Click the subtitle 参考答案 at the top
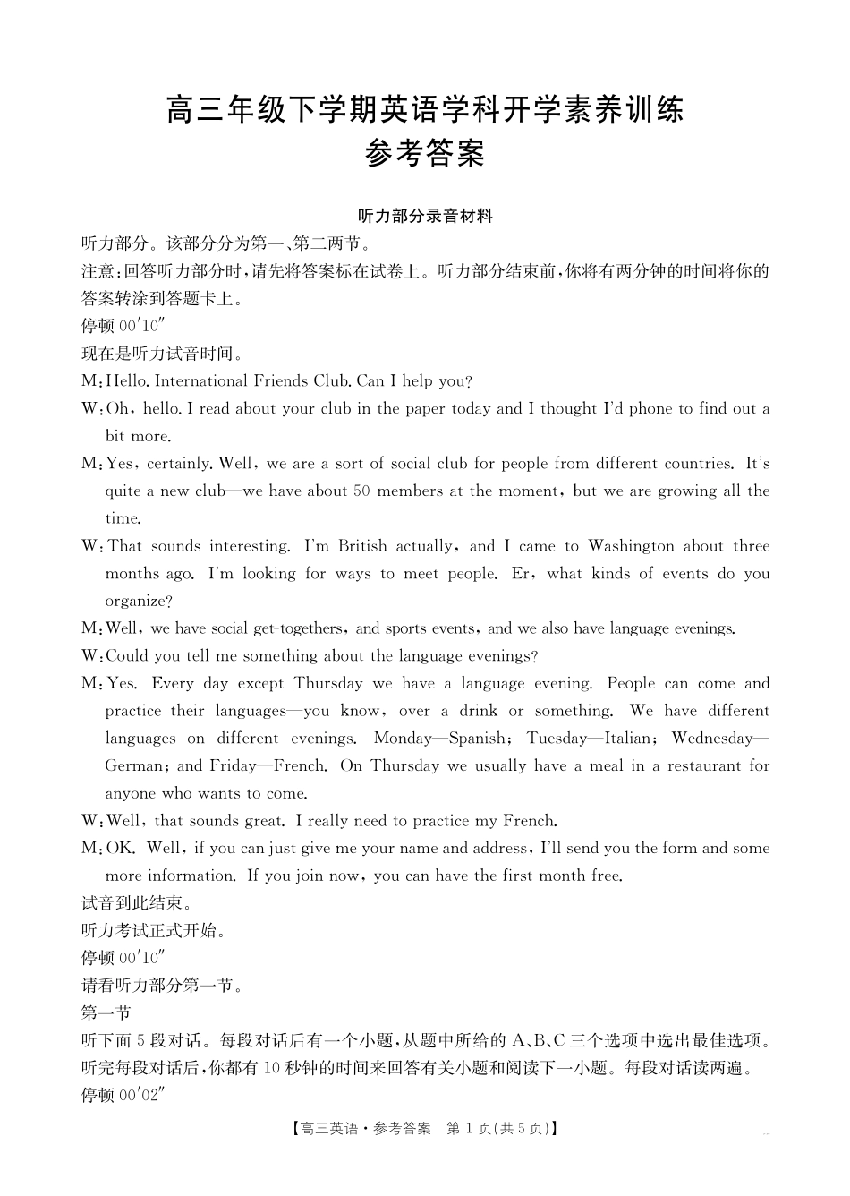tap(425, 155)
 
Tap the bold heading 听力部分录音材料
tap(425, 216)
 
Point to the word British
tap(362, 546)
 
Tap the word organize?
tap(139, 602)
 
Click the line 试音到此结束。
tap(136, 903)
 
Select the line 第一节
tap(106, 1013)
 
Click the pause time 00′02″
tap(143, 1096)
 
